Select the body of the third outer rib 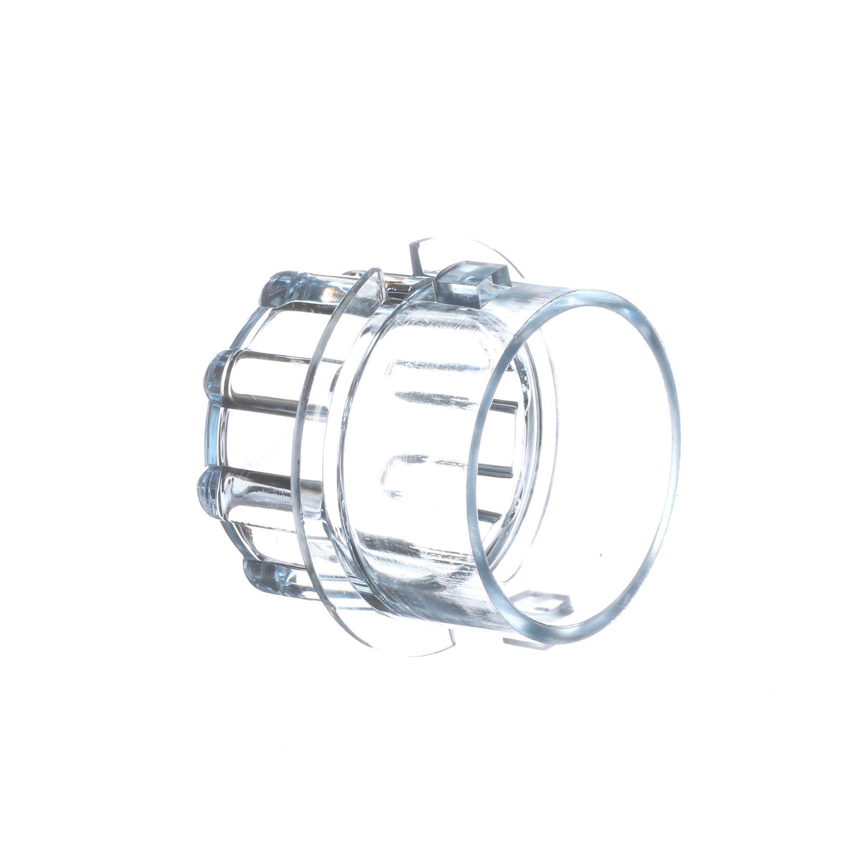[x=270, y=487]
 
